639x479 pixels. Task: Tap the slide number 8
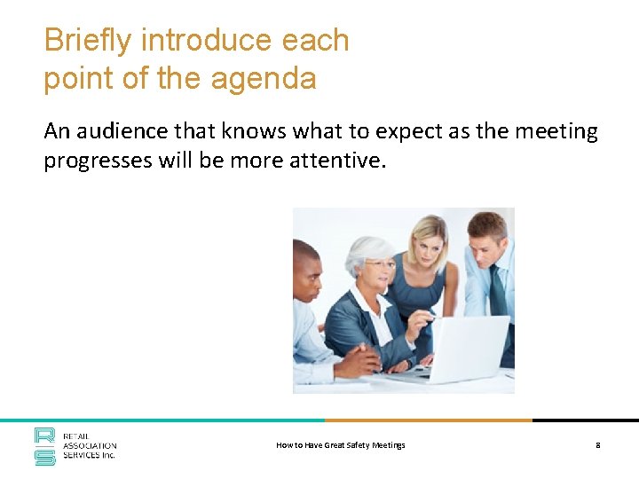[x=598, y=445]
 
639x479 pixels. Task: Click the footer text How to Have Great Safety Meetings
[x=341, y=445]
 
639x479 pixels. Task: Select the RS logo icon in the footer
[x=45, y=446]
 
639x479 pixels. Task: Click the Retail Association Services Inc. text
[x=90, y=446]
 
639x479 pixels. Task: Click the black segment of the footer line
[x=585, y=420]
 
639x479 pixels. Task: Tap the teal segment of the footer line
[x=160, y=420]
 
